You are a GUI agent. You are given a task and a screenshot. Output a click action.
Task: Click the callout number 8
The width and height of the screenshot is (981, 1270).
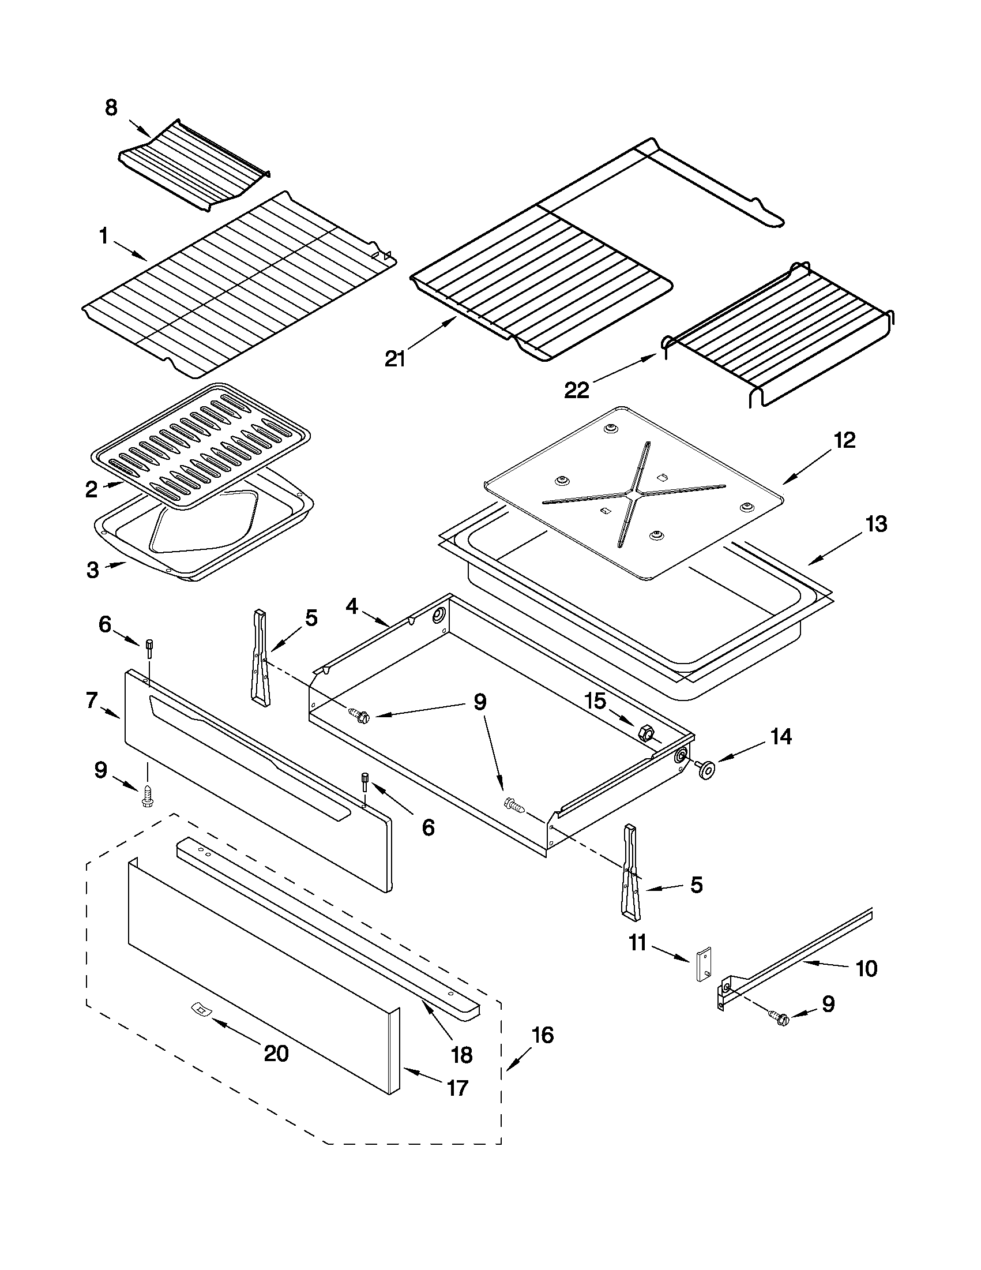(110, 108)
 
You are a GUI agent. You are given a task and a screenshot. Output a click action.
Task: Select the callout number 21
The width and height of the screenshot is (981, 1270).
(395, 359)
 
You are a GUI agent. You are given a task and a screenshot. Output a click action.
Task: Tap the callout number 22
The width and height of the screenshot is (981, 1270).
(577, 389)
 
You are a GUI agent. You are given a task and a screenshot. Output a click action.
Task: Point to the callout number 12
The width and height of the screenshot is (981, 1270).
(844, 440)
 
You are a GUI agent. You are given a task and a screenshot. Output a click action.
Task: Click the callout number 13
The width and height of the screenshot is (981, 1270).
(876, 524)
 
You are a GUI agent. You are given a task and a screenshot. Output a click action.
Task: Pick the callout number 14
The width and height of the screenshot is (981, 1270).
(781, 737)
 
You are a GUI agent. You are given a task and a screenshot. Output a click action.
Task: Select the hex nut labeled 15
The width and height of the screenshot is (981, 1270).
(645, 732)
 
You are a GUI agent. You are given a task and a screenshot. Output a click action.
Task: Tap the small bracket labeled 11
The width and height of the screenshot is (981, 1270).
(704, 966)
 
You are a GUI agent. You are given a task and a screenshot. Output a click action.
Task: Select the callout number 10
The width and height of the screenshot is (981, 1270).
(866, 968)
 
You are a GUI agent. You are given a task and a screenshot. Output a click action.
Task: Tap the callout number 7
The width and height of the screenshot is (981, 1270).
(91, 700)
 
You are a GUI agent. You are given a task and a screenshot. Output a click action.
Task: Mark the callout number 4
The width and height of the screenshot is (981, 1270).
(352, 606)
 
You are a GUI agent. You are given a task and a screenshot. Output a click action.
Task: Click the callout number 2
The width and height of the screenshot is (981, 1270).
(92, 490)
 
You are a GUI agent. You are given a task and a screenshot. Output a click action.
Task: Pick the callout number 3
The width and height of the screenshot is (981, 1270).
(93, 570)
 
